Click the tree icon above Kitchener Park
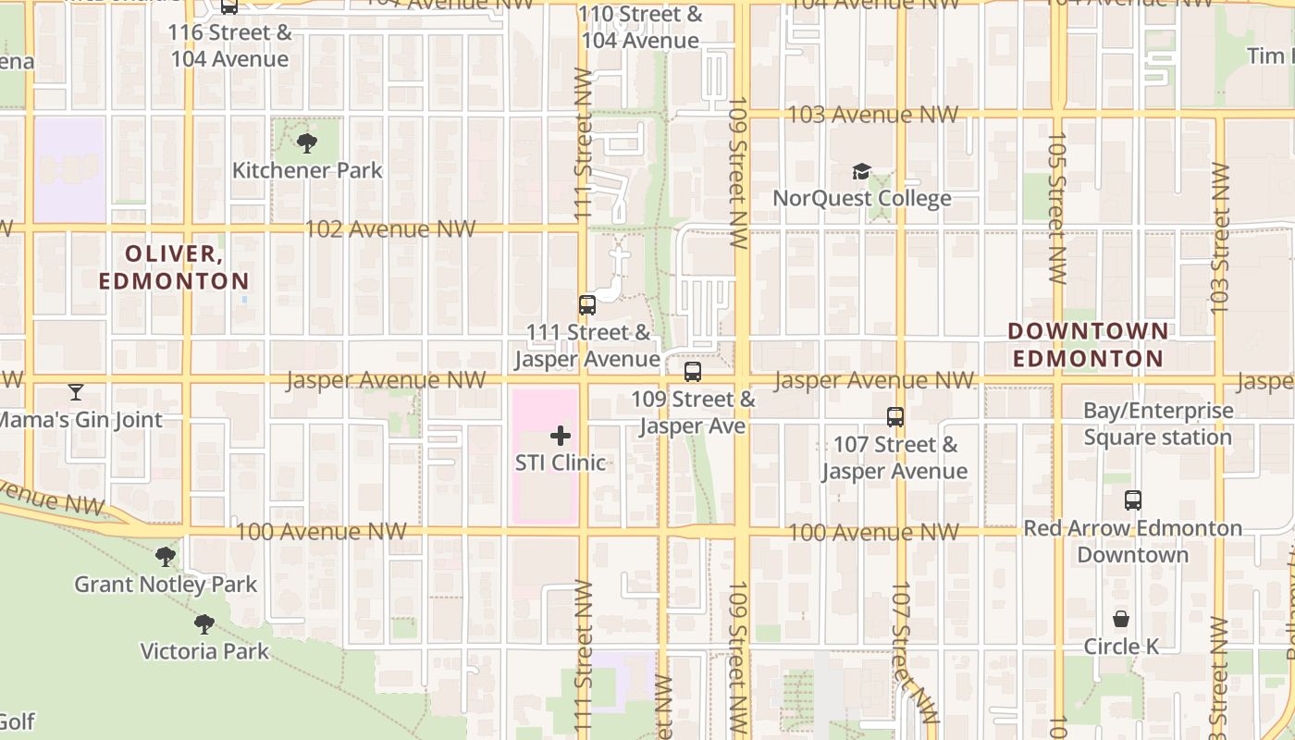click(x=307, y=142)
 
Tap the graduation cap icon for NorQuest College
click(x=861, y=171)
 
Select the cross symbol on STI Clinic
click(x=561, y=435)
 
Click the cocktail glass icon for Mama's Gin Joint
click(x=76, y=392)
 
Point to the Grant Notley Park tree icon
click(x=166, y=556)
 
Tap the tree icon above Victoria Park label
click(x=204, y=623)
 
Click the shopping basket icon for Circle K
click(x=1121, y=618)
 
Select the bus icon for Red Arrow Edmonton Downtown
click(x=1133, y=500)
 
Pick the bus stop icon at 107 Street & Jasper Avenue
click(x=894, y=417)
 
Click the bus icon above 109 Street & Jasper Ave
click(x=693, y=372)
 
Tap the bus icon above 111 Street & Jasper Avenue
click(x=587, y=304)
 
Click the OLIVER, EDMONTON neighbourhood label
click(x=174, y=267)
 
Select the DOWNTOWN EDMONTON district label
click(x=1088, y=344)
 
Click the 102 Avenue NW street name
click(x=390, y=229)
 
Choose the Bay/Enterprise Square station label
click(x=1158, y=424)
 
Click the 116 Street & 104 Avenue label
click(x=229, y=46)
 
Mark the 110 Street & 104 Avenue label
click(x=640, y=28)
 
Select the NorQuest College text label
click(x=861, y=199)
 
